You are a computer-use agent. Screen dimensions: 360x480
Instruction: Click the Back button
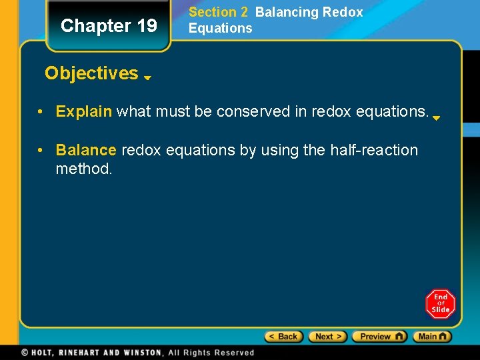284,337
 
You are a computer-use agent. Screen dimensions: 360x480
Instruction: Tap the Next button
327,337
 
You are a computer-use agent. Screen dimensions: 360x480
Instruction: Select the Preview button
379,337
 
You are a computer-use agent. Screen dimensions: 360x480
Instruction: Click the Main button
432,337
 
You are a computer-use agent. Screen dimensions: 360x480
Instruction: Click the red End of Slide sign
441,303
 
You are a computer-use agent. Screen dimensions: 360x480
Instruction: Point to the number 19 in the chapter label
147,26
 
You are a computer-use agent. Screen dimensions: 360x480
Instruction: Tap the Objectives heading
91,73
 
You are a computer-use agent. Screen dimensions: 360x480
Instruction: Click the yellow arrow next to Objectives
147,77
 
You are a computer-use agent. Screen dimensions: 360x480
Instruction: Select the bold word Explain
83,111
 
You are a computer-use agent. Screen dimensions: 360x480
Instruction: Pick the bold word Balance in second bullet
85,151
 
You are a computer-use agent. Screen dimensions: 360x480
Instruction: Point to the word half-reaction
374,151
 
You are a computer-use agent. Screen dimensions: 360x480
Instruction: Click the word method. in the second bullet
84,169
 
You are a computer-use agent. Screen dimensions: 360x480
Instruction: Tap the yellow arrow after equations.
436,118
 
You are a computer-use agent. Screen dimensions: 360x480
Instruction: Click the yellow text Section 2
218,12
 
